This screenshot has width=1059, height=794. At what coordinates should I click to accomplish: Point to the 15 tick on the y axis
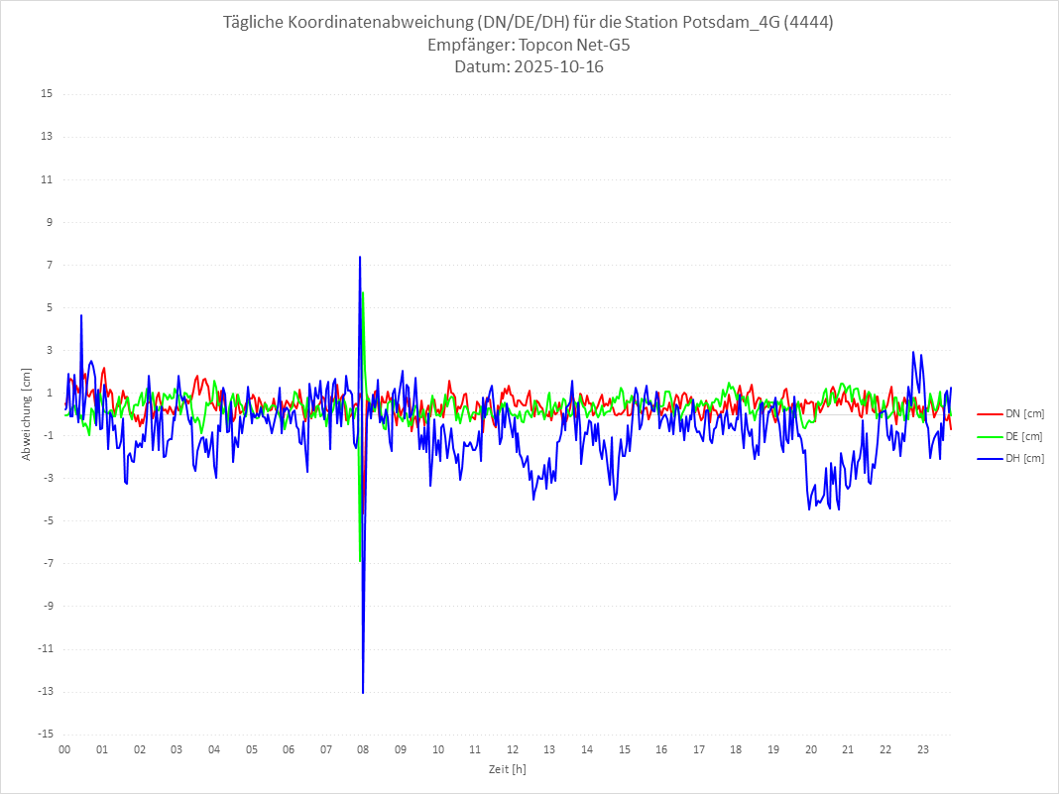point(47,94)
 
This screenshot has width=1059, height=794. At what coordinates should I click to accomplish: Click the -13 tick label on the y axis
point(45,692)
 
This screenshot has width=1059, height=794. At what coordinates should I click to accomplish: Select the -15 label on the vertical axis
point(45,735)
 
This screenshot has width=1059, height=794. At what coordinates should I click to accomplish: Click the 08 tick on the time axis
point(363,749)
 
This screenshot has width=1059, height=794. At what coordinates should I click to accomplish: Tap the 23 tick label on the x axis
point(922,749)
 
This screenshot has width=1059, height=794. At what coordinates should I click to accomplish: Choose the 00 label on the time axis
point(64,749)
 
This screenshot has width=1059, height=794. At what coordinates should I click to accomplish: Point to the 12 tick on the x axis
point(512,749)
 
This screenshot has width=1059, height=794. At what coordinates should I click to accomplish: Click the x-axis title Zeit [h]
point(507,768)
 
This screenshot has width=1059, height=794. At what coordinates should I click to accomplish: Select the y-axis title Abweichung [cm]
point(27,414)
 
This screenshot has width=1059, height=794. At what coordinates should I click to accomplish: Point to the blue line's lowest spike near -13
point(363,692)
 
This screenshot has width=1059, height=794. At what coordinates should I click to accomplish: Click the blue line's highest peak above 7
point(360,257)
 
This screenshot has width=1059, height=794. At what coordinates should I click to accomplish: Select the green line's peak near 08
point(364,292)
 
